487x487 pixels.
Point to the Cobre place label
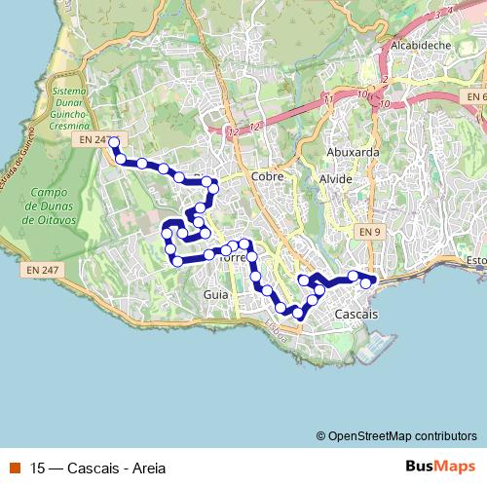(266, 177)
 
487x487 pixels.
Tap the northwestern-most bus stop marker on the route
(114, 142)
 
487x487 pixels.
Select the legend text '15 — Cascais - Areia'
(97, 466)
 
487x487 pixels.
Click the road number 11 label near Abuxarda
(328, 98)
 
